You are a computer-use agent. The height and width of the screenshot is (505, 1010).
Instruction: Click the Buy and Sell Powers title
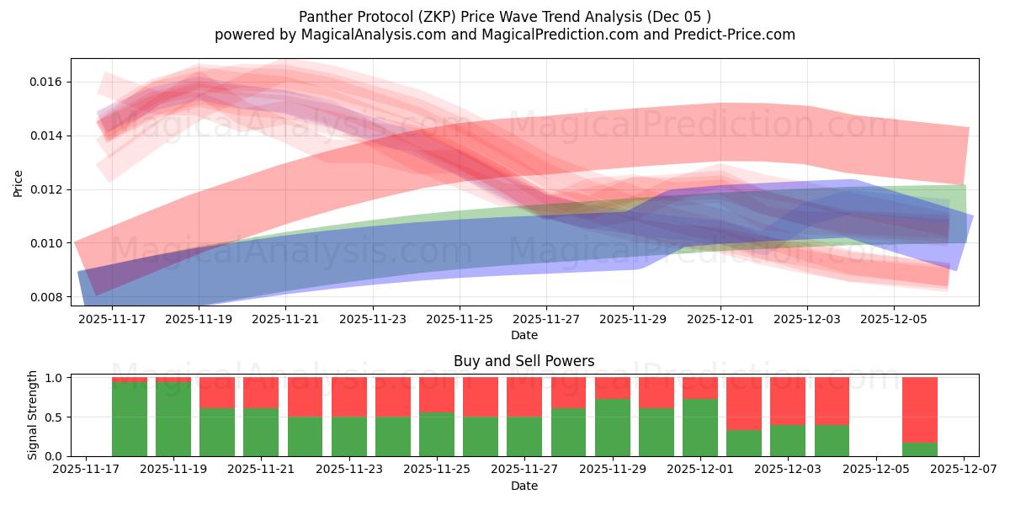(x=524, y=361)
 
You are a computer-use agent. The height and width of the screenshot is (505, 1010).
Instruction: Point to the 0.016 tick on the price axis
(x=45, y=82)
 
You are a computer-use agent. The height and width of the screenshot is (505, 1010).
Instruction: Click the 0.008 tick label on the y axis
(x=45, y=297)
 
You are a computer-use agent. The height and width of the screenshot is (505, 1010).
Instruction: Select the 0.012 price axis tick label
(x=45, y=189)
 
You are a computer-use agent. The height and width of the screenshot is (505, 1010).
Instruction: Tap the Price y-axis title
(x=18, y=182)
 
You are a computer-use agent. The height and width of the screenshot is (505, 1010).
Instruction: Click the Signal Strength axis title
(x=32, y=415)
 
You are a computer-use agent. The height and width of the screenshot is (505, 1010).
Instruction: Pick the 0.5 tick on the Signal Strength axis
(x=54, y=417)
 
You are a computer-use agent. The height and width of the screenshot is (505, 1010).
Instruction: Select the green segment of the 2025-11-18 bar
(x=129, y=419)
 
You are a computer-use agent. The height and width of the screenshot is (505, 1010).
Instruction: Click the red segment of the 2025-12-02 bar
(x=744, y=403)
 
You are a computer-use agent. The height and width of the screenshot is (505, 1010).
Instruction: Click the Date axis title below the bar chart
(x=524, y=486)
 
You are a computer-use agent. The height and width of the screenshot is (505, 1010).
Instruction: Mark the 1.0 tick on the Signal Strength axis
(x=54, y=378)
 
